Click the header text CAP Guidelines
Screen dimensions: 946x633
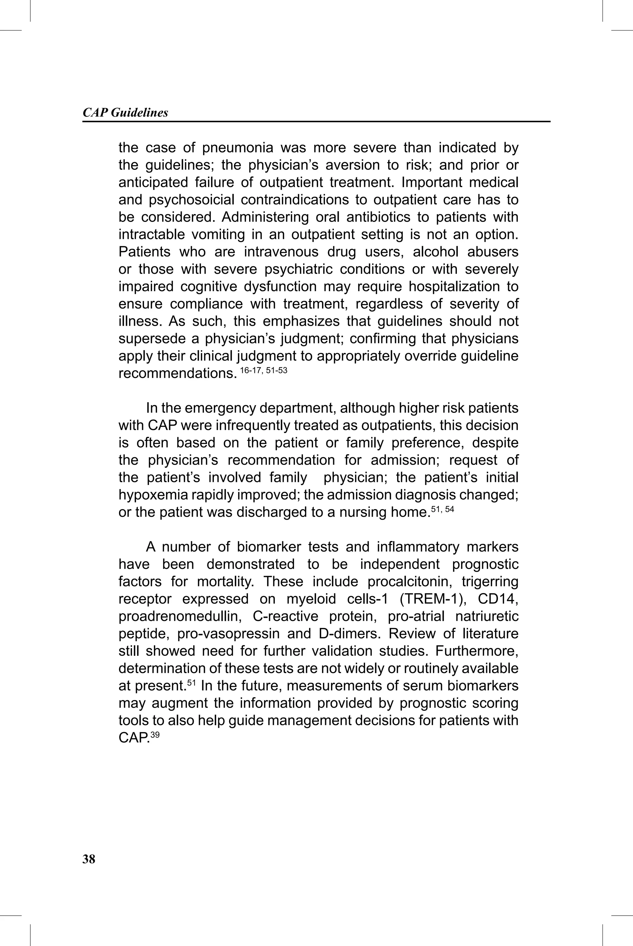(x=125, y=112)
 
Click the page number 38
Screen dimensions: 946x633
(x=89, y=859)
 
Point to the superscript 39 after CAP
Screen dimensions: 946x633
(x=155, y=735)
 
